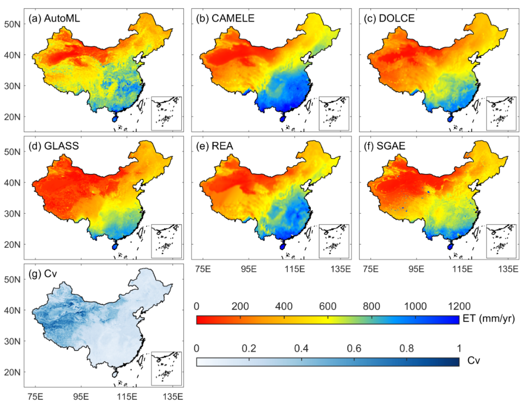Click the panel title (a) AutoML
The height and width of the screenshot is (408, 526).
pos(55,18)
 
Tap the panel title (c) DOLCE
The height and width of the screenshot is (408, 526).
pos(389,18)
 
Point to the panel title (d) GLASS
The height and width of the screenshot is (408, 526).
pos(54,146)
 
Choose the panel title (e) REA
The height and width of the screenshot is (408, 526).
pos(214,146)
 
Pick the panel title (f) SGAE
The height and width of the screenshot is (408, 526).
pos(384,146)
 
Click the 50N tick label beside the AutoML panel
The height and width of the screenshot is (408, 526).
pos(12,24)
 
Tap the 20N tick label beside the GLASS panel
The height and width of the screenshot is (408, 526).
pos(12,244)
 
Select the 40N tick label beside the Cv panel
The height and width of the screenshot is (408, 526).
pos(12,310)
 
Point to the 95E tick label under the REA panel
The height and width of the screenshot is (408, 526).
pos(248,269)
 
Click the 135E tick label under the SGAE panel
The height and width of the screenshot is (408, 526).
pos(508,269)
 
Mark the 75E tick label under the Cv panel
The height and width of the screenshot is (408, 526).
pos(35,397)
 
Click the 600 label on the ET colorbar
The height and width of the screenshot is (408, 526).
pos(327,306)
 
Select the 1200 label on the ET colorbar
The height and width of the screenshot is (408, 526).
pos(459,306)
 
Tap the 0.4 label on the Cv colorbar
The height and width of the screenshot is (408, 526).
pos(301,348)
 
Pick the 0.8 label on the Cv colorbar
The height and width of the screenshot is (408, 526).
pos(407,348)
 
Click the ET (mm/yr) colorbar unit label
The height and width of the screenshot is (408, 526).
pos(488,318)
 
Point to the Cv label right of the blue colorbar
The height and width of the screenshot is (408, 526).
pos(474,361)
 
